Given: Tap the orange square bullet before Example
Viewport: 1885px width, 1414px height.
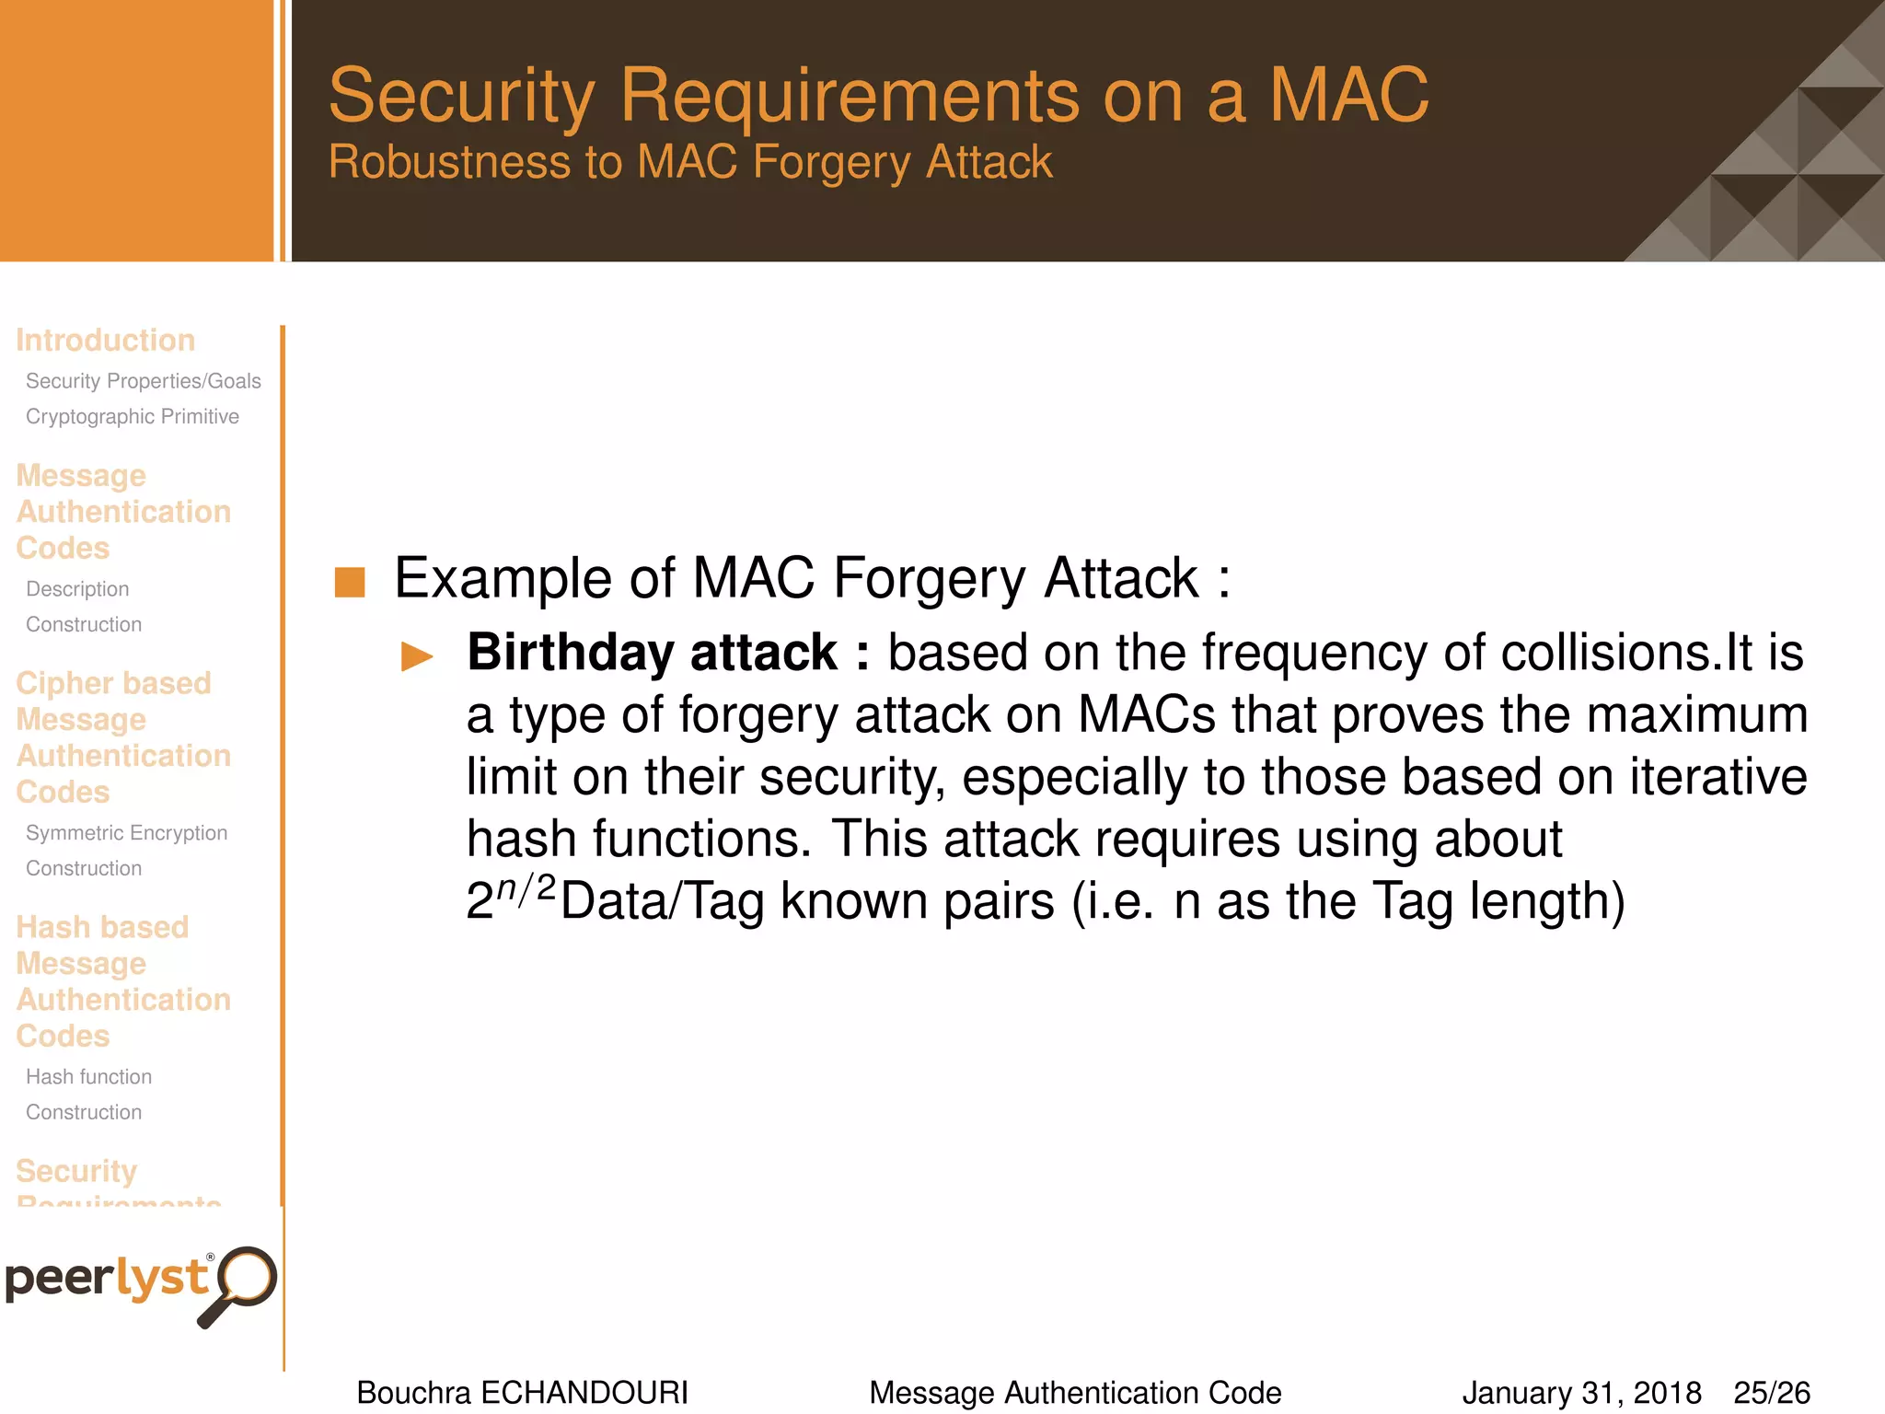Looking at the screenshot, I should (x=350, y=582).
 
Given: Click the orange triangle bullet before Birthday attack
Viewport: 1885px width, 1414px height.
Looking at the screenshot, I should (x=417, y=656).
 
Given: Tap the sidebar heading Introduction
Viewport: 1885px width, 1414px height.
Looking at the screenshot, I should (x=105, y=340).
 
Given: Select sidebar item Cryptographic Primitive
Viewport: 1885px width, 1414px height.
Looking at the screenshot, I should (x=133, y=416).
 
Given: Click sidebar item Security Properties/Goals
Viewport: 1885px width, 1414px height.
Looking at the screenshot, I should (x=144, y=380).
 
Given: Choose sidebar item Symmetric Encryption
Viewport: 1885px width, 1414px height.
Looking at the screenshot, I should (x=126, y=832).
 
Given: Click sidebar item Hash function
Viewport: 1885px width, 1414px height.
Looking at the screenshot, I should (x=88, y=1076).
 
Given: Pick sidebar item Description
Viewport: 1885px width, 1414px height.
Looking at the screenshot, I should (x=77, y=588).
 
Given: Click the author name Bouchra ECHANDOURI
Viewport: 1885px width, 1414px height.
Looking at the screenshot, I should (x=522, y=1392).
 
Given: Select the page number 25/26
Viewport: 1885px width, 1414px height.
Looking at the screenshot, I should (x=1772, y=1392).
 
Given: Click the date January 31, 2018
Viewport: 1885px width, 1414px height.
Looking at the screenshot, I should (x=1581, y=1392).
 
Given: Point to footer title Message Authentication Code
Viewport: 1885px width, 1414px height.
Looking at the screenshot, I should (x=1075, y=1392).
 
